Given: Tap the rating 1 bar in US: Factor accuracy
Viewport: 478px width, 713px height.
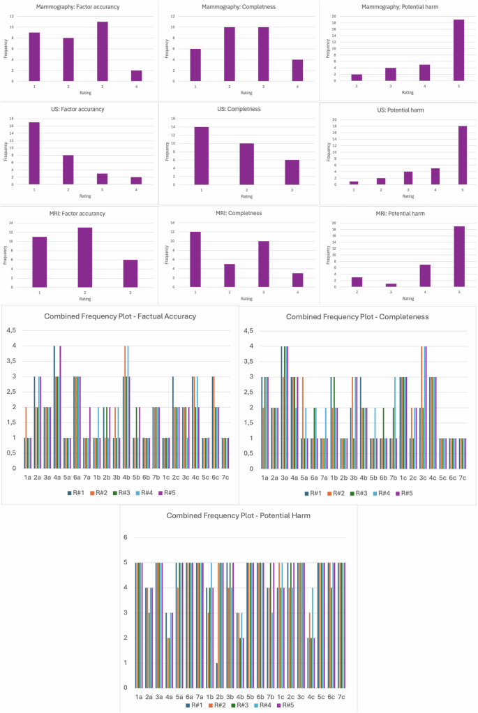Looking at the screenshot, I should pyautogui.click(x=34, y=154).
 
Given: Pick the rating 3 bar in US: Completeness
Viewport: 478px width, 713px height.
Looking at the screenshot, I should pyautogui.click(x=292, y=172).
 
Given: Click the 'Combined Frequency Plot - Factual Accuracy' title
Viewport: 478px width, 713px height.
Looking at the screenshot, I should pyautogui.click(x=120, y=316).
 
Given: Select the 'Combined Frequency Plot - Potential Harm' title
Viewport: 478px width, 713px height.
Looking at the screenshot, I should pyautogui.click(x=239, y=515).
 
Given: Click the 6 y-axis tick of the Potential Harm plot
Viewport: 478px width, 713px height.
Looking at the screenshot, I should pyautogui.click(x=126, y=537).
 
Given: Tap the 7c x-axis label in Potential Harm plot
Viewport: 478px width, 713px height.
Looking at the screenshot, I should pyautogui.click(x=341, y=696).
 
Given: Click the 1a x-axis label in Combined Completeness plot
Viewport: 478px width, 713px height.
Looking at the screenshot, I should pyautogui.click(x=264, y=477).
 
